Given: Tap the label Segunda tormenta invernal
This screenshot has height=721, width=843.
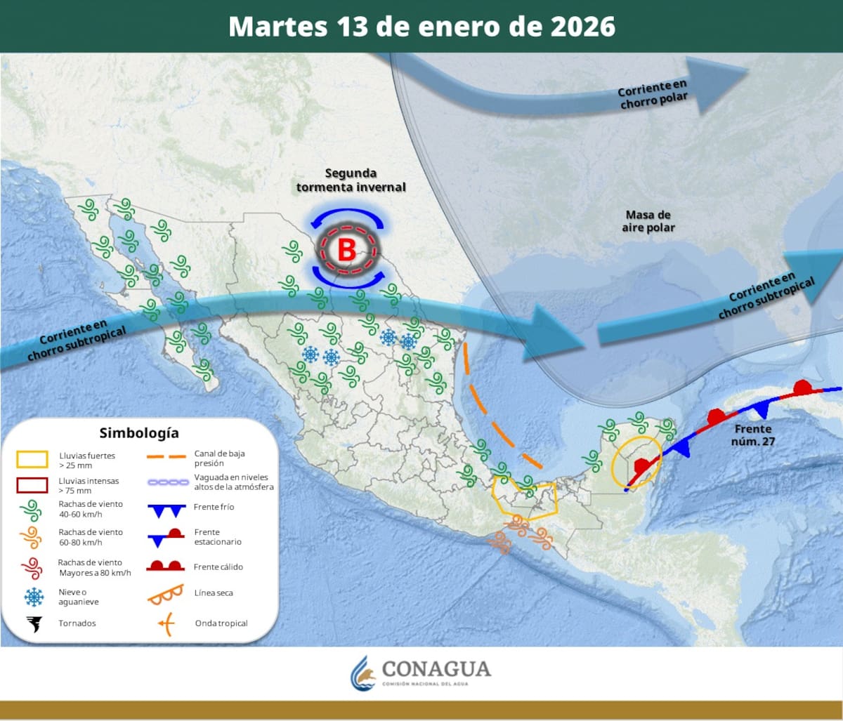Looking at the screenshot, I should tap(351, 180).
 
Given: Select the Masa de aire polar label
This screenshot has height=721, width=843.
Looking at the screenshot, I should tap(648, 221).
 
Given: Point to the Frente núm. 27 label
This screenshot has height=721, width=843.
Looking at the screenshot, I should tap(752, 435).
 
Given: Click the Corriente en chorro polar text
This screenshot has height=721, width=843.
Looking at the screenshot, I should tap(653, 95).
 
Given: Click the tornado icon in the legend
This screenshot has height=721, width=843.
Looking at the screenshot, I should tap(33, 623).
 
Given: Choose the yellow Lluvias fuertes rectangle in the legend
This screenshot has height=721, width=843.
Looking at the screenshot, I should tap(32, 460).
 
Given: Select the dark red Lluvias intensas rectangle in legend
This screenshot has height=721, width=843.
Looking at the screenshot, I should tap(32, 485).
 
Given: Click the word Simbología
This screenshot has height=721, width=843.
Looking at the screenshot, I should tap(138, 432).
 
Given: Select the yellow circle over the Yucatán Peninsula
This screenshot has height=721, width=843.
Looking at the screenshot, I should tap(636, 461).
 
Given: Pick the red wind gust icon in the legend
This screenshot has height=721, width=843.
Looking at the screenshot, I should tap(32, 567).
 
